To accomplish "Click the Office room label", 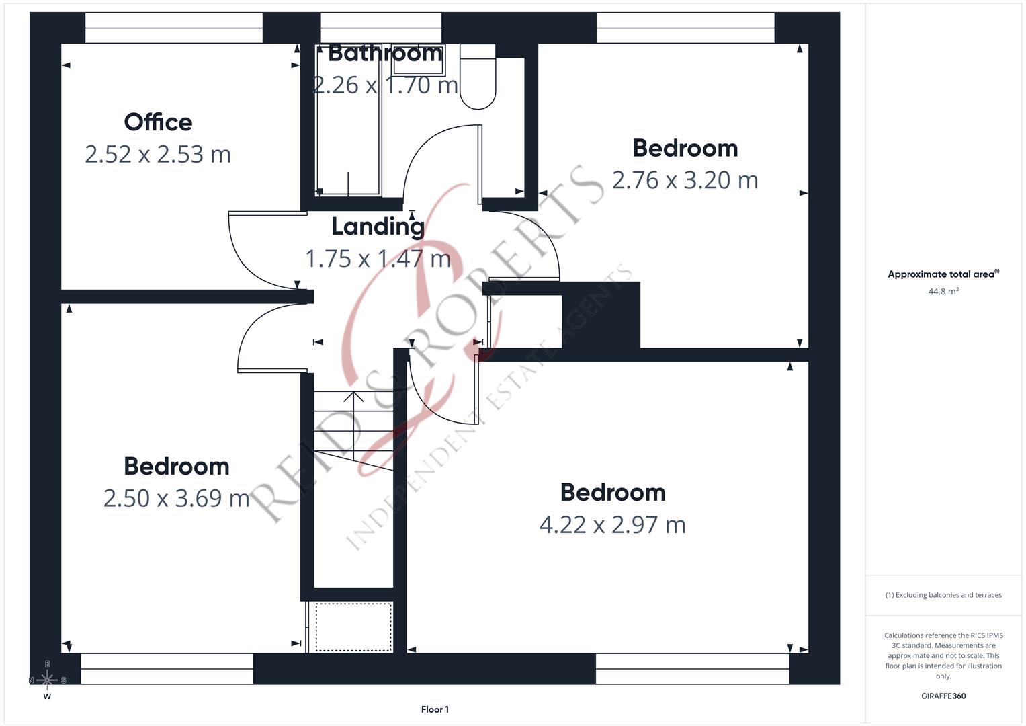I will tap(158, 122).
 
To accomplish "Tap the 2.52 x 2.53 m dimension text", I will tap(158, 155).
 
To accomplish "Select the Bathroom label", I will tap(385, 53).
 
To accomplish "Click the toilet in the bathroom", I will tap(478, 77).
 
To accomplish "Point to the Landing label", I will tap(378, 227).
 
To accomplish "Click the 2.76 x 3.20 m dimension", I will tap(685, 180).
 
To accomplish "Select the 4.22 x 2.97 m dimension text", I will tap(612, 524).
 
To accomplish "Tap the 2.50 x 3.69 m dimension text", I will tap(176, 498).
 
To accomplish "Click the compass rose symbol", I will tap(47, 680).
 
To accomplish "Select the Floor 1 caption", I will tap(435, 709).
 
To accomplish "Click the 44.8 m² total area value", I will tap(943, 291).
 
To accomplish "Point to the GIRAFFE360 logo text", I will tap(943, 696).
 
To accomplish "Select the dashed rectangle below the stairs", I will tap(353, 627).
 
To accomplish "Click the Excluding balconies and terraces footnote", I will tap(943, 595).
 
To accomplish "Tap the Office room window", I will tap(173, 28).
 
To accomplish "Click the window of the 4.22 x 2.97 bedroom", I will tap(692, 668).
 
